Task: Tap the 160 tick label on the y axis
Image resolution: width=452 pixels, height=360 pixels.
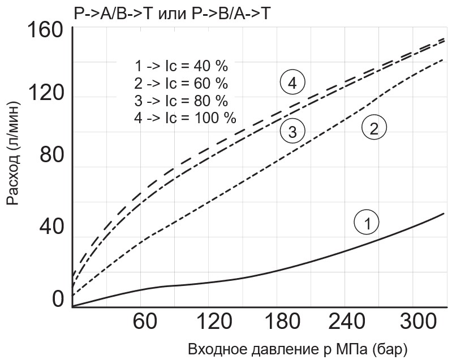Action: coord(42,31)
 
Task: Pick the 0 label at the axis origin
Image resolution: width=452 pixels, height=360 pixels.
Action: coord(58,300)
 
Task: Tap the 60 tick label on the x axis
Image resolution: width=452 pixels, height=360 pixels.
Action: coord(144,323)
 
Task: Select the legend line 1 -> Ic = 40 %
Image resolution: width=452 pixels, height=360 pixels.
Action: coord(181,66)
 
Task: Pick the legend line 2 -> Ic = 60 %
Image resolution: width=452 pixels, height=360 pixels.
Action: coord(181,84)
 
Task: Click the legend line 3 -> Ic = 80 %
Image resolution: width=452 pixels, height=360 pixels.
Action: coord(181,101)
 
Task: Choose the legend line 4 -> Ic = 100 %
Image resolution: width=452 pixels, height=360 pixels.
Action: coord(185,118)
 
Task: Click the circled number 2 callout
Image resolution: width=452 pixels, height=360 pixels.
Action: coord(374,128)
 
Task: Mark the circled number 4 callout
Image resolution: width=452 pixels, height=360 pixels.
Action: coord(292,83)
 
